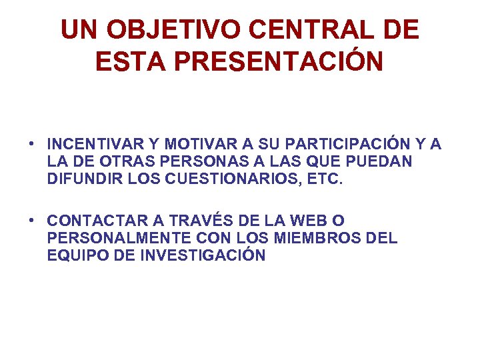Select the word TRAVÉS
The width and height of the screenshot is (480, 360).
click(192, 221)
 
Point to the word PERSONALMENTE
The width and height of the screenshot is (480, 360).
click(110, 238)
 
